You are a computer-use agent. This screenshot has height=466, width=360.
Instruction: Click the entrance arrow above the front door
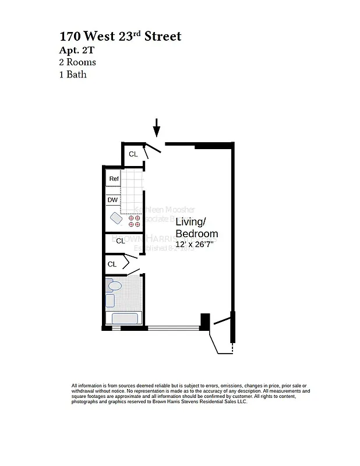pyautogui.click(x=156, y=128)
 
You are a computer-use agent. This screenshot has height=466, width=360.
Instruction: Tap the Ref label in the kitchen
pyautogui.click(x=114, y=179)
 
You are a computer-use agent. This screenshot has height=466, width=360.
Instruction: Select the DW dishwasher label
pyautogui.click(x=113, y=200)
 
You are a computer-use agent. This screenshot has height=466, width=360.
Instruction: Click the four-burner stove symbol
pyautogui.click(x=134, y=221)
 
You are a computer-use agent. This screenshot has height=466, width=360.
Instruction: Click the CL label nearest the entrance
pyautogui.click(x=133, y=154)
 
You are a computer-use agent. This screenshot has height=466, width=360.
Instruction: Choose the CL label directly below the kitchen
pyautogui.click(x=121, y=241)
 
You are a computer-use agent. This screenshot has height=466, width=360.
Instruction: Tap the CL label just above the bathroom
pyautogui.click(x=112, y=264)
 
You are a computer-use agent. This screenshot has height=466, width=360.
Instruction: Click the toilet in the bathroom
pyautogui.click(x=114, y=285)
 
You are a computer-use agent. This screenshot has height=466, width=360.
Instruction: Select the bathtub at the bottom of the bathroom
pyautogui.click(x=123, y=319)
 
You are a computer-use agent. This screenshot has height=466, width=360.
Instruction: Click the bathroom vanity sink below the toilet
pyautogui.click(x=110, y=301)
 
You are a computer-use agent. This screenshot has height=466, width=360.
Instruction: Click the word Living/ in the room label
pyautogui.click(x=191, y=221)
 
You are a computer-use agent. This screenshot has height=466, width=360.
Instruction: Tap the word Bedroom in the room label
pyautogui.click(x=196, y=234)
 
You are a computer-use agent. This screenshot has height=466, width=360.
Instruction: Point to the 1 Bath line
pyautogui.click(x=73, y=74)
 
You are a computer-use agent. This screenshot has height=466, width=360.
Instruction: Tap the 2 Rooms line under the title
pyautogui.click(x=77, y=62)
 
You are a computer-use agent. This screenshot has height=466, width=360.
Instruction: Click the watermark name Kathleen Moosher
pyautogui.click(x=164, y=209)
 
